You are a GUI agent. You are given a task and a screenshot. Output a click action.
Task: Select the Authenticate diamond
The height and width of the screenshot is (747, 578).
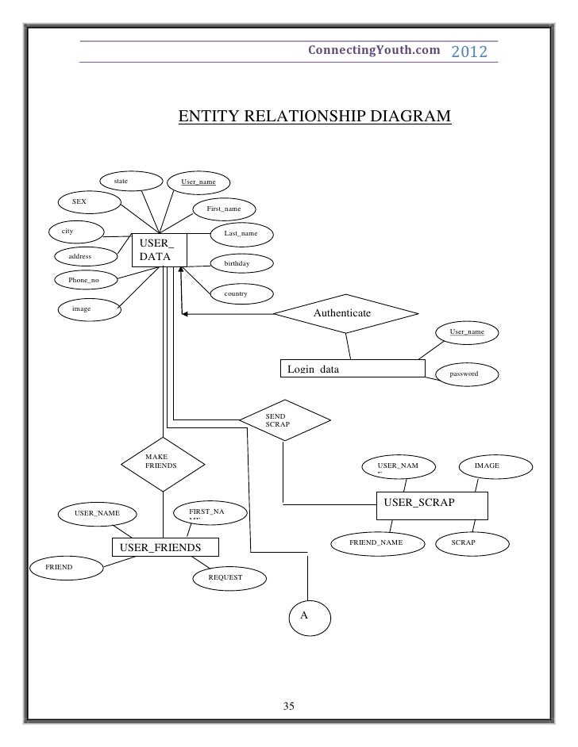[342, 314]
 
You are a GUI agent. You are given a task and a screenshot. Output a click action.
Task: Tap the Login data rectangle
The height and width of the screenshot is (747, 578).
[353, 369]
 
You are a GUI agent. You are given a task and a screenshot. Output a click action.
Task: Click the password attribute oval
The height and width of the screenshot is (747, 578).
[463, 373]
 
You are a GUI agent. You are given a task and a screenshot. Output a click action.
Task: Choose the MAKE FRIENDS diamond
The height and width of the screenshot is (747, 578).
[163, 463]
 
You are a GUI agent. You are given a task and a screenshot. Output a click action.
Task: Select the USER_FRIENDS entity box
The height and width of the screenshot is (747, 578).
[165, 548]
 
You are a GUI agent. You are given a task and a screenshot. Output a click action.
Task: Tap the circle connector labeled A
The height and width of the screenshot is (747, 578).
[307, 616]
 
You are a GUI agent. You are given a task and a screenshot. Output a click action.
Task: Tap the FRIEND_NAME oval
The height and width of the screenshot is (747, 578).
[376, 542]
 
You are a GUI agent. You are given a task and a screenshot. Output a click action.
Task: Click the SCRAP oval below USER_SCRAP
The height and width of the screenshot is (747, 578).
[463, 542]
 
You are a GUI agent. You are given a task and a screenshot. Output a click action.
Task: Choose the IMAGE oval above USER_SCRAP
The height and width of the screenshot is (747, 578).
[487, 465]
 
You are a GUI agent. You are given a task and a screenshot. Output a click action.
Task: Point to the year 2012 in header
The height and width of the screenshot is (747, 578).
[472, 52]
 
